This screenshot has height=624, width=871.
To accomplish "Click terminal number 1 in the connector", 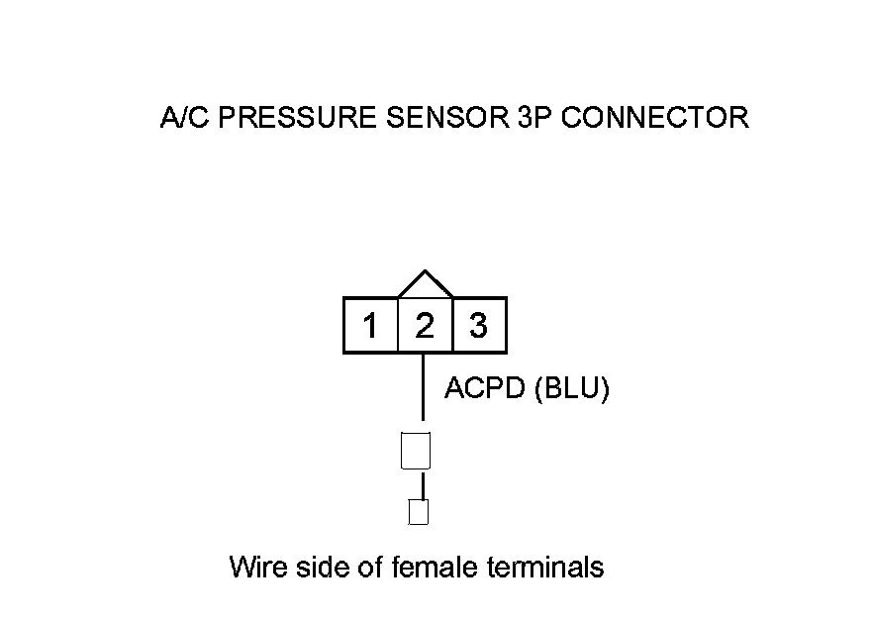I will point(370,326).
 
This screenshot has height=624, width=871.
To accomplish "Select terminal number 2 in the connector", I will point(425,326).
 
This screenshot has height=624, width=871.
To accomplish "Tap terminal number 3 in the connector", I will point(479,326).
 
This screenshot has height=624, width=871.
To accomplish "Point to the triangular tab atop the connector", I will point(425,284).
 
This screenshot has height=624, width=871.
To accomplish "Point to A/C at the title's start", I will point(183,118).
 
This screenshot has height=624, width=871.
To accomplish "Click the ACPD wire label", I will point(485,389).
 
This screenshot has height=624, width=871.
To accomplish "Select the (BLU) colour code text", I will point(571,389).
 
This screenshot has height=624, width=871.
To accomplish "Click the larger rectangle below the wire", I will point(416,451).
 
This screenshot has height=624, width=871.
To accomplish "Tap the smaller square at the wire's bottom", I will point(419,512).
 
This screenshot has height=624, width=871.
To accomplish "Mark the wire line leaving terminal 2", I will point(424,386).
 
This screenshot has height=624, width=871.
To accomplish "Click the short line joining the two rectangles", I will point(423,485).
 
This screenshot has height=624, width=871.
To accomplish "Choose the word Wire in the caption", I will point(253,568).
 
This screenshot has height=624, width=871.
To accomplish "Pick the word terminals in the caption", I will point(547,568).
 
